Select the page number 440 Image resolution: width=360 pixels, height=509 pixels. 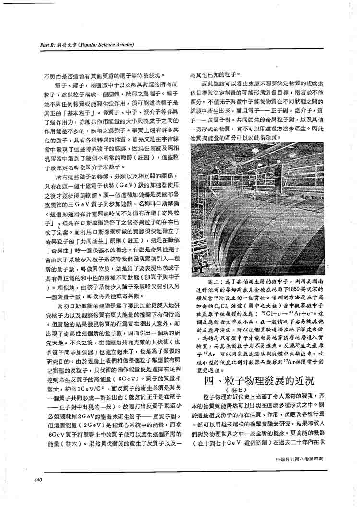point(39,479)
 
